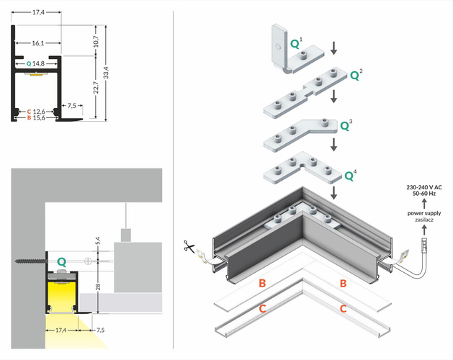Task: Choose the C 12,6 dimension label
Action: click(36, 112)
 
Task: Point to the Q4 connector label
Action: click(351, 174)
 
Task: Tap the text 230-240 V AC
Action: click(424, 187)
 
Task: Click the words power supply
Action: click(424, 213)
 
